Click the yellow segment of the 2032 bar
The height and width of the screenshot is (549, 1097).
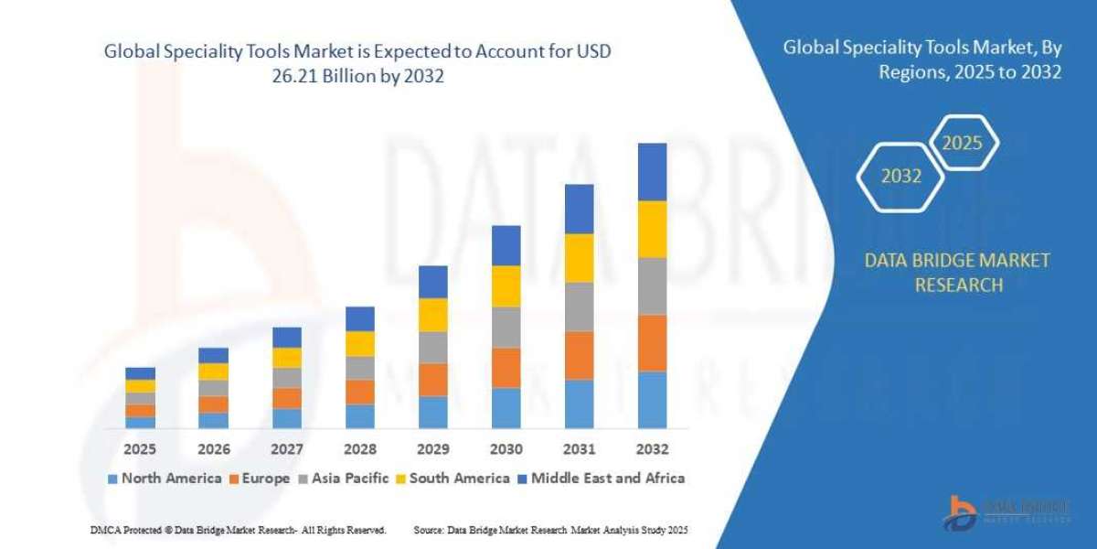[x=652, y=229]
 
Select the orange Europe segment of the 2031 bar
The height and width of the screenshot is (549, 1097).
[x=579, y=355]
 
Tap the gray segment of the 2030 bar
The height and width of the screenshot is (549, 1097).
[x=506, y=327]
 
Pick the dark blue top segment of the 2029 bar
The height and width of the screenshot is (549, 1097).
[x=432, y=282]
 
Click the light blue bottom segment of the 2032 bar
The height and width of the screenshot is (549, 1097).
[x=652, y=399]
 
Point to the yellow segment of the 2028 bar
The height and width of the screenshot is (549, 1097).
[x=359, y=343]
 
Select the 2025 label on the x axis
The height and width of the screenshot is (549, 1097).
[x=140, y=449]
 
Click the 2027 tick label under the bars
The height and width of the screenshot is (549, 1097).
[x=286, y=449]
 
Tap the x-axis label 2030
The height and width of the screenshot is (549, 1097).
[x=506, y=449]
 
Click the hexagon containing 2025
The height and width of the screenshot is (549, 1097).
[x=962, y=144]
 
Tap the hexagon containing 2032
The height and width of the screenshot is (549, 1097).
[x=900, y=177]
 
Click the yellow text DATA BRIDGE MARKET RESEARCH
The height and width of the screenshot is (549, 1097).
[x=957, y=273]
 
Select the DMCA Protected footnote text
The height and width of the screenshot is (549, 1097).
[x=238, y=530]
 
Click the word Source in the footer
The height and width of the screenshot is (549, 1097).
[x=429, y=530]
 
